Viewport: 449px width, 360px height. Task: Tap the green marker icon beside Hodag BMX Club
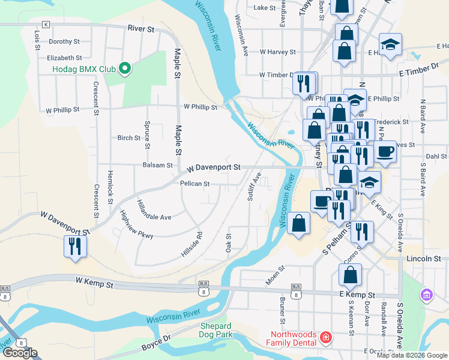point(125,69)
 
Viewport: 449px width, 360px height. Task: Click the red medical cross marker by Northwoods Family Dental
point(326,338)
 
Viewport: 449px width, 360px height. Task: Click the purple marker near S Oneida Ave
point(427,295)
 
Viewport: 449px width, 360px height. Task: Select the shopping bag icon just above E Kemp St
point(350,275)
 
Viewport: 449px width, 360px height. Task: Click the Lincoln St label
point(423,259)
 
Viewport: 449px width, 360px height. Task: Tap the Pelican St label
point(194,184)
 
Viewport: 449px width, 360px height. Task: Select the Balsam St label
point(157,165)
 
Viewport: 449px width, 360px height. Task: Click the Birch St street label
point(128,138)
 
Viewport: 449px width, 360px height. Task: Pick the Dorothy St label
point(64,41)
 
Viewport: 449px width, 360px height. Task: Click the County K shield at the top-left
point(46,25)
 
